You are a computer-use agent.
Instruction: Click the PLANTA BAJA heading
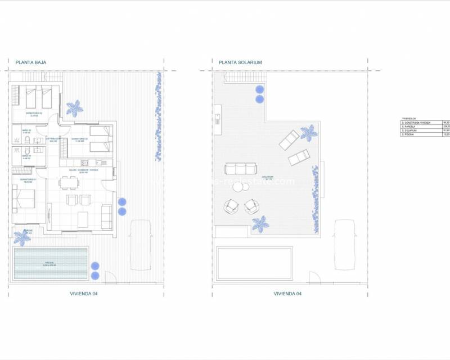[31, 62]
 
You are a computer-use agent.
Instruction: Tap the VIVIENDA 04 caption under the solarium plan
[288, 293]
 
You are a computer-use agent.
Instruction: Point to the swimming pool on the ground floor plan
[51, 263]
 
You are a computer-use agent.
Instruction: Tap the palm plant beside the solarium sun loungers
[308, 133]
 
